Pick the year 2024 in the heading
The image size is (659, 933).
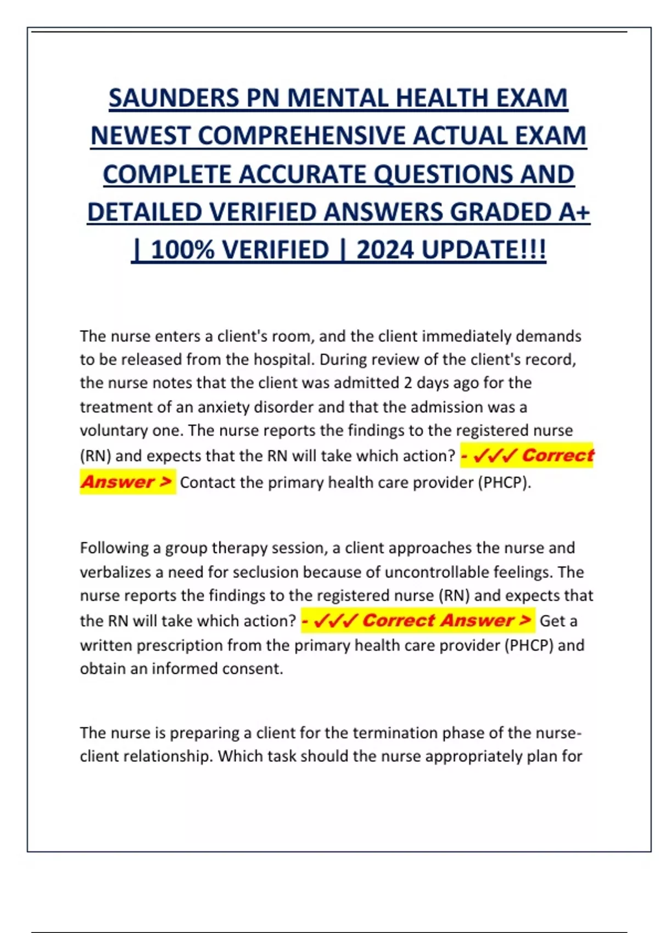385,250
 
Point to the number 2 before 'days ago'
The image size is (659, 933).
407,383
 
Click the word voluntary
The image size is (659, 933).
114,430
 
